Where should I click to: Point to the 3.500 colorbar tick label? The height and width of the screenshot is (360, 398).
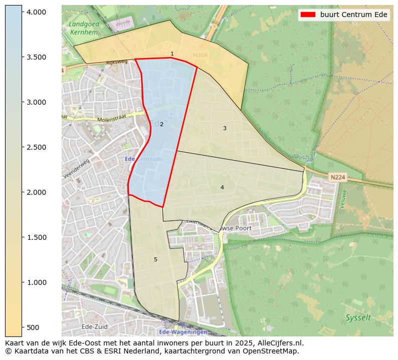[38, 57]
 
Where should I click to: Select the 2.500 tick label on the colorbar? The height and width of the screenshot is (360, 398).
[38, 147]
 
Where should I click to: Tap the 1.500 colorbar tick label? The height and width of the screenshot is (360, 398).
[38, 237]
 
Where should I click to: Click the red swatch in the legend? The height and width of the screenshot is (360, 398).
[308, 15]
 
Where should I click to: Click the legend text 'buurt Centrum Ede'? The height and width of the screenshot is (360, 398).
[354, 15]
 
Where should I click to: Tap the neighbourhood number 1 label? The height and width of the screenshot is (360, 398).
[172, 54]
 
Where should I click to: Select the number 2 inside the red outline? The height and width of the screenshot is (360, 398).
[161, 124]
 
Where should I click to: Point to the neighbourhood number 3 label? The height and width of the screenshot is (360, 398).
[225, 129]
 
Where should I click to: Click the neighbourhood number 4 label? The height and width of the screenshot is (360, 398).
[222, 188]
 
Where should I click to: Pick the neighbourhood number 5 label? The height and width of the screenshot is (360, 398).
[155, 259]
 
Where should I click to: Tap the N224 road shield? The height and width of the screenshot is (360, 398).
[337, 177]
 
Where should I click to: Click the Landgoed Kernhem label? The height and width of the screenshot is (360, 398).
[84, 28]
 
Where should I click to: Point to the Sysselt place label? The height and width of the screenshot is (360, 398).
[358, 318]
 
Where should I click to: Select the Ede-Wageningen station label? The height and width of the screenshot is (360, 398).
[182, 332]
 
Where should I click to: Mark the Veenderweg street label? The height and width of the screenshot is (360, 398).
[77, 168]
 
